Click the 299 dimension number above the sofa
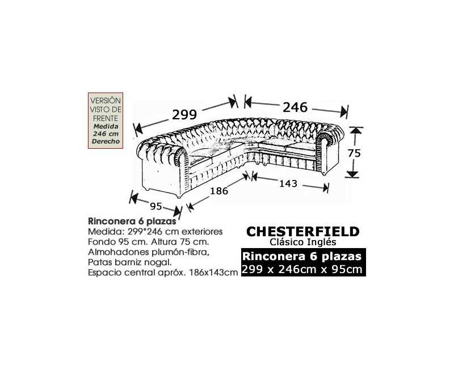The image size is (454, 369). (x=184, y=115)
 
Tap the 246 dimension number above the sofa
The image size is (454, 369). (x=295, y=107)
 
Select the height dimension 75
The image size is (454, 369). (x=354, y=153)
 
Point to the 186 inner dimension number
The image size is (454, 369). (x=219, y=191)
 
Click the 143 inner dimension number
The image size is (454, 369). (x=288, y=183)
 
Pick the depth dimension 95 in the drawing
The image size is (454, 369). (x=155, y=206)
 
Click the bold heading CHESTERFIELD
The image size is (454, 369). (x=303, y=232)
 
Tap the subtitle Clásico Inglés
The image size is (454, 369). (x=303, y=242)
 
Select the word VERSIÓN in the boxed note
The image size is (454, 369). (x=106, y=100)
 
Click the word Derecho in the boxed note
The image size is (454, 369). (x=106, y=141)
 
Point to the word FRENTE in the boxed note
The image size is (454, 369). (x=106, y=119)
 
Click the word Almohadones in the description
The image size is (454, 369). (x=119, y=252)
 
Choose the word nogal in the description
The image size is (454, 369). (x=161, y=262)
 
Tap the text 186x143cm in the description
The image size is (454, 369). (x=213, y=273)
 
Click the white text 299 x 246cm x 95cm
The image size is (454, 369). (x=302, y=269)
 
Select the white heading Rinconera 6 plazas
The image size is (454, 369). (x=302, y=257)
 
